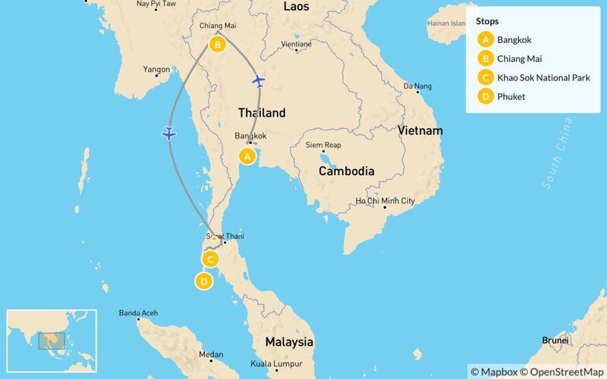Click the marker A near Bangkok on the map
click(x=246, y=156)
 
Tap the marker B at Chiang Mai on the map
click(x=218, y=45)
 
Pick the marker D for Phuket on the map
click(x=203, y=282)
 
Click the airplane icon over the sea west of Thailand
click(x=169, y=134)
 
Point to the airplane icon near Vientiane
click(x=259, y=80)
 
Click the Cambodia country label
click(x=346, y=171)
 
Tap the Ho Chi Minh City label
click(x=386, y=201)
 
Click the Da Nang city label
click(x=417, y=86)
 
